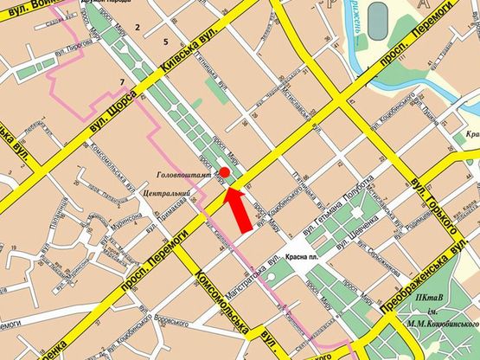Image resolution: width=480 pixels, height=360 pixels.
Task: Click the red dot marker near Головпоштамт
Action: (x=224, y=171)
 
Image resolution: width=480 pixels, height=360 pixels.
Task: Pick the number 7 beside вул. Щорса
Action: (x=123, y=82)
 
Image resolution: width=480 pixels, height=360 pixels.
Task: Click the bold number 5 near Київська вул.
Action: (x=164, y=42)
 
